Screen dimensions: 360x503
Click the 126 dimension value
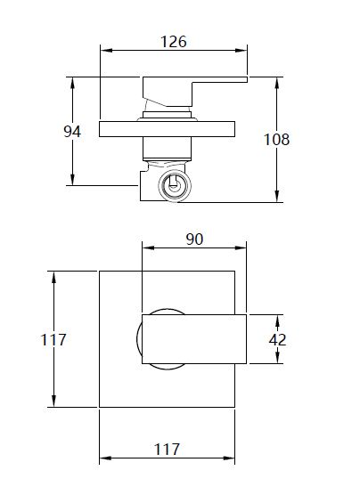(174, 42)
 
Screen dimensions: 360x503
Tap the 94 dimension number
(72, 132)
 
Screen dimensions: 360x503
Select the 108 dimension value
(276, 140)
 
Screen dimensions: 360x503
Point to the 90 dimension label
(194, 239)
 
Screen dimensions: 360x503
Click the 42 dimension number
(277, 340)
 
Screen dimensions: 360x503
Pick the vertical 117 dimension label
(53, 340)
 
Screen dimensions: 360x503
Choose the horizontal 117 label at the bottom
(167, 450)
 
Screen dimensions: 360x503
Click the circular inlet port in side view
(175, 186)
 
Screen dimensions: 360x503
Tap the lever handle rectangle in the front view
(194, 339)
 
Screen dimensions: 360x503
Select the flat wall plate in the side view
(167, 129)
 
